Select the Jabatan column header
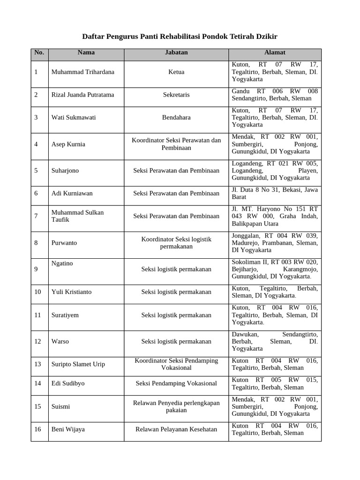point(176,52)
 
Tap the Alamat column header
point(275,52)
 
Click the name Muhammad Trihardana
point(82,72)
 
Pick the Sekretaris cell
point(176,95)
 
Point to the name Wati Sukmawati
point(73,117)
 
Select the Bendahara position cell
point(176,117)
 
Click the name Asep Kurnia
point(68,144)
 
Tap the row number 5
point(36,171)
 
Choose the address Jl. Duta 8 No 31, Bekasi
point(275,194)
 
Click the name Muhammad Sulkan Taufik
point(77,216)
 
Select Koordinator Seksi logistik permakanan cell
point(176,243)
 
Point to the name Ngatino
point(62,263)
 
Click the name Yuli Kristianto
point(72,292)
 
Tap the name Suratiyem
point(65,315)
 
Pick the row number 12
point(38,341)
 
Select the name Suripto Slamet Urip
point(78,364)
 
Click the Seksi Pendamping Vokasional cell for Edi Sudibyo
point(176,383)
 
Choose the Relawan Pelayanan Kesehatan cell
point(176,429)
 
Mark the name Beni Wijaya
point(68,429)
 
